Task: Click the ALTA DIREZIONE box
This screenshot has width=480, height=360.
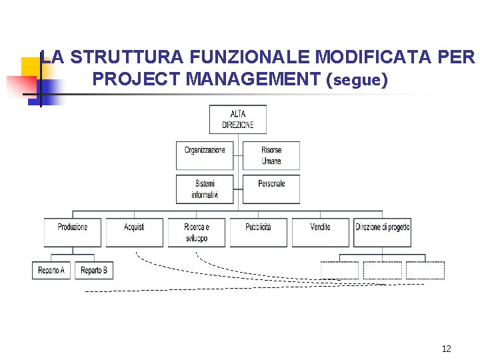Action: pyautogui.click(x=237, y=119)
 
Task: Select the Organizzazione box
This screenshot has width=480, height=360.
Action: pyautogui.click(x=205, y=155)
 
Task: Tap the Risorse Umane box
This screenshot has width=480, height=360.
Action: pyautogui.click(x=271, y=155)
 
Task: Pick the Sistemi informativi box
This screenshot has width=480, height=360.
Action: pyautogui.click(x=205, y=189)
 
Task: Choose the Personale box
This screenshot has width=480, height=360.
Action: pyautogui.click(x=271, y=189)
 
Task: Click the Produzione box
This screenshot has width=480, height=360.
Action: pyautogui.click(x=73, y=232)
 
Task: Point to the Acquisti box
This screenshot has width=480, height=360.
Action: pyautogui.click(x=134, y=232)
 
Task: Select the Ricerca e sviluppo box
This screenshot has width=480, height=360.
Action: pyautogui.click(x=196, y=232)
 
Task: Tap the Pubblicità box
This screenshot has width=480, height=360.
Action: pyautogui.click(x=258, y=232)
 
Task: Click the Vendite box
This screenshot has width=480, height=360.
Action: pyautogui.click(x=320, y=232)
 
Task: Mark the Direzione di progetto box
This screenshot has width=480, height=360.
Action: pyautogui.click(x=382, y=232)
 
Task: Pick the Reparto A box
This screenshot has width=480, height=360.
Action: pyautogui.click(x=51, y=270)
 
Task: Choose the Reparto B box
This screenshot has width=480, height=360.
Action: pyautogui.click(x=93, y=270)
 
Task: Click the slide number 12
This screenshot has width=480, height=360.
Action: pyautogui.click(x=446, y=349)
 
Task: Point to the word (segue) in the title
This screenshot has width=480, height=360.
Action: pyautogui.click(x=357, y=80)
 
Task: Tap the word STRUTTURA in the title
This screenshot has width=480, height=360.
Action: pyautogui.click(x=123, y=57)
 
